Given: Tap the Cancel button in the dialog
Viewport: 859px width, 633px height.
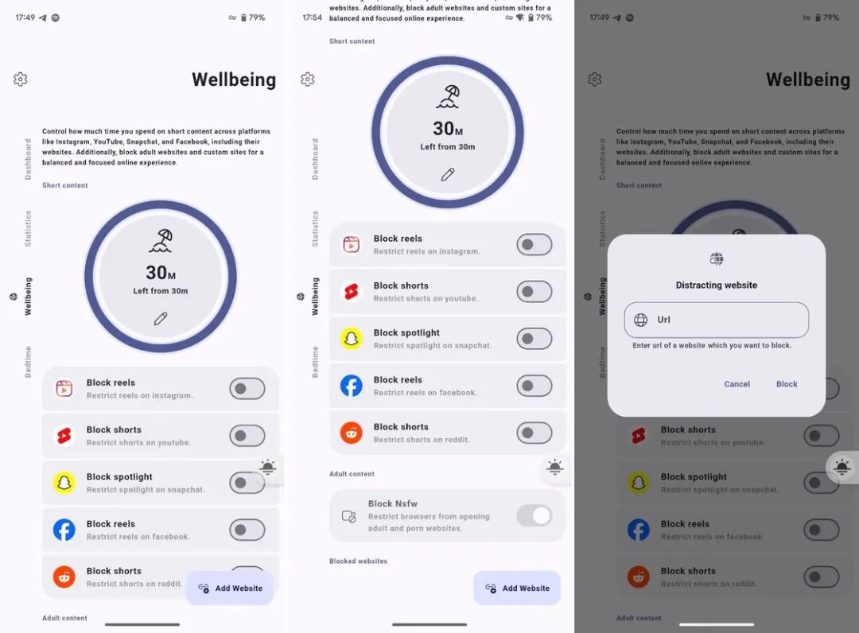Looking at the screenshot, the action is click(737, 384).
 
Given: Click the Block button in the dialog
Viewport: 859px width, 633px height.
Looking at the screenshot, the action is click(787, 384).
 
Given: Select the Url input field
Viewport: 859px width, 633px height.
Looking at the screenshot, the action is click(716, 320).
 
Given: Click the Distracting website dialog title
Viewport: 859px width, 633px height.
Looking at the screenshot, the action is click(716, 285).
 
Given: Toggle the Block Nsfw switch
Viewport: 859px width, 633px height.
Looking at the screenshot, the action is click(534, 515).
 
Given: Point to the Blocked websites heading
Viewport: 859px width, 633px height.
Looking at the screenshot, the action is click(358, 561).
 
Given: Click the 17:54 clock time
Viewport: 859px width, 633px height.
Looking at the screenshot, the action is click(313, 17).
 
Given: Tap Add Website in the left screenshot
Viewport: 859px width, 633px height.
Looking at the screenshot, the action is click(230, 588).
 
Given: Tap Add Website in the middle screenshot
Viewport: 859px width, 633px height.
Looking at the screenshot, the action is click(517, 588).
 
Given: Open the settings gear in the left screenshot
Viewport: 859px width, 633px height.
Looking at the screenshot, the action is click(20, 80).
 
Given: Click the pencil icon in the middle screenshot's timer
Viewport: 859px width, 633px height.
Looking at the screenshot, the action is click(448, 175).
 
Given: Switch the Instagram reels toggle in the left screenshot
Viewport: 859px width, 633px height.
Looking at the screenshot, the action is click(247, 389).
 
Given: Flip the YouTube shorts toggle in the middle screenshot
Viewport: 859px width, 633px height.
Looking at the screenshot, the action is click(534, 292).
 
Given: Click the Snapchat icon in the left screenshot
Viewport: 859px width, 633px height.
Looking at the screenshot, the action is click(64, 483).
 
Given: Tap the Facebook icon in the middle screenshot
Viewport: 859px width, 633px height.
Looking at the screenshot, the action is click(352, 386).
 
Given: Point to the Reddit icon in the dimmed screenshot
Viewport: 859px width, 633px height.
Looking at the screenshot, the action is click(638, 577).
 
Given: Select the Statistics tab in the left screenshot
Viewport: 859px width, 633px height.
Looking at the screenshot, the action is click(28, 228).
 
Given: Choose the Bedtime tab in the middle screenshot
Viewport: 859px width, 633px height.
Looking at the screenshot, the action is click(315, 362).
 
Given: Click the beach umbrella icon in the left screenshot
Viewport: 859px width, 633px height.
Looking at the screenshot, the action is click(161, 241).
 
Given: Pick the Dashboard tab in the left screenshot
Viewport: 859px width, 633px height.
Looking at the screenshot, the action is click(28, 159).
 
